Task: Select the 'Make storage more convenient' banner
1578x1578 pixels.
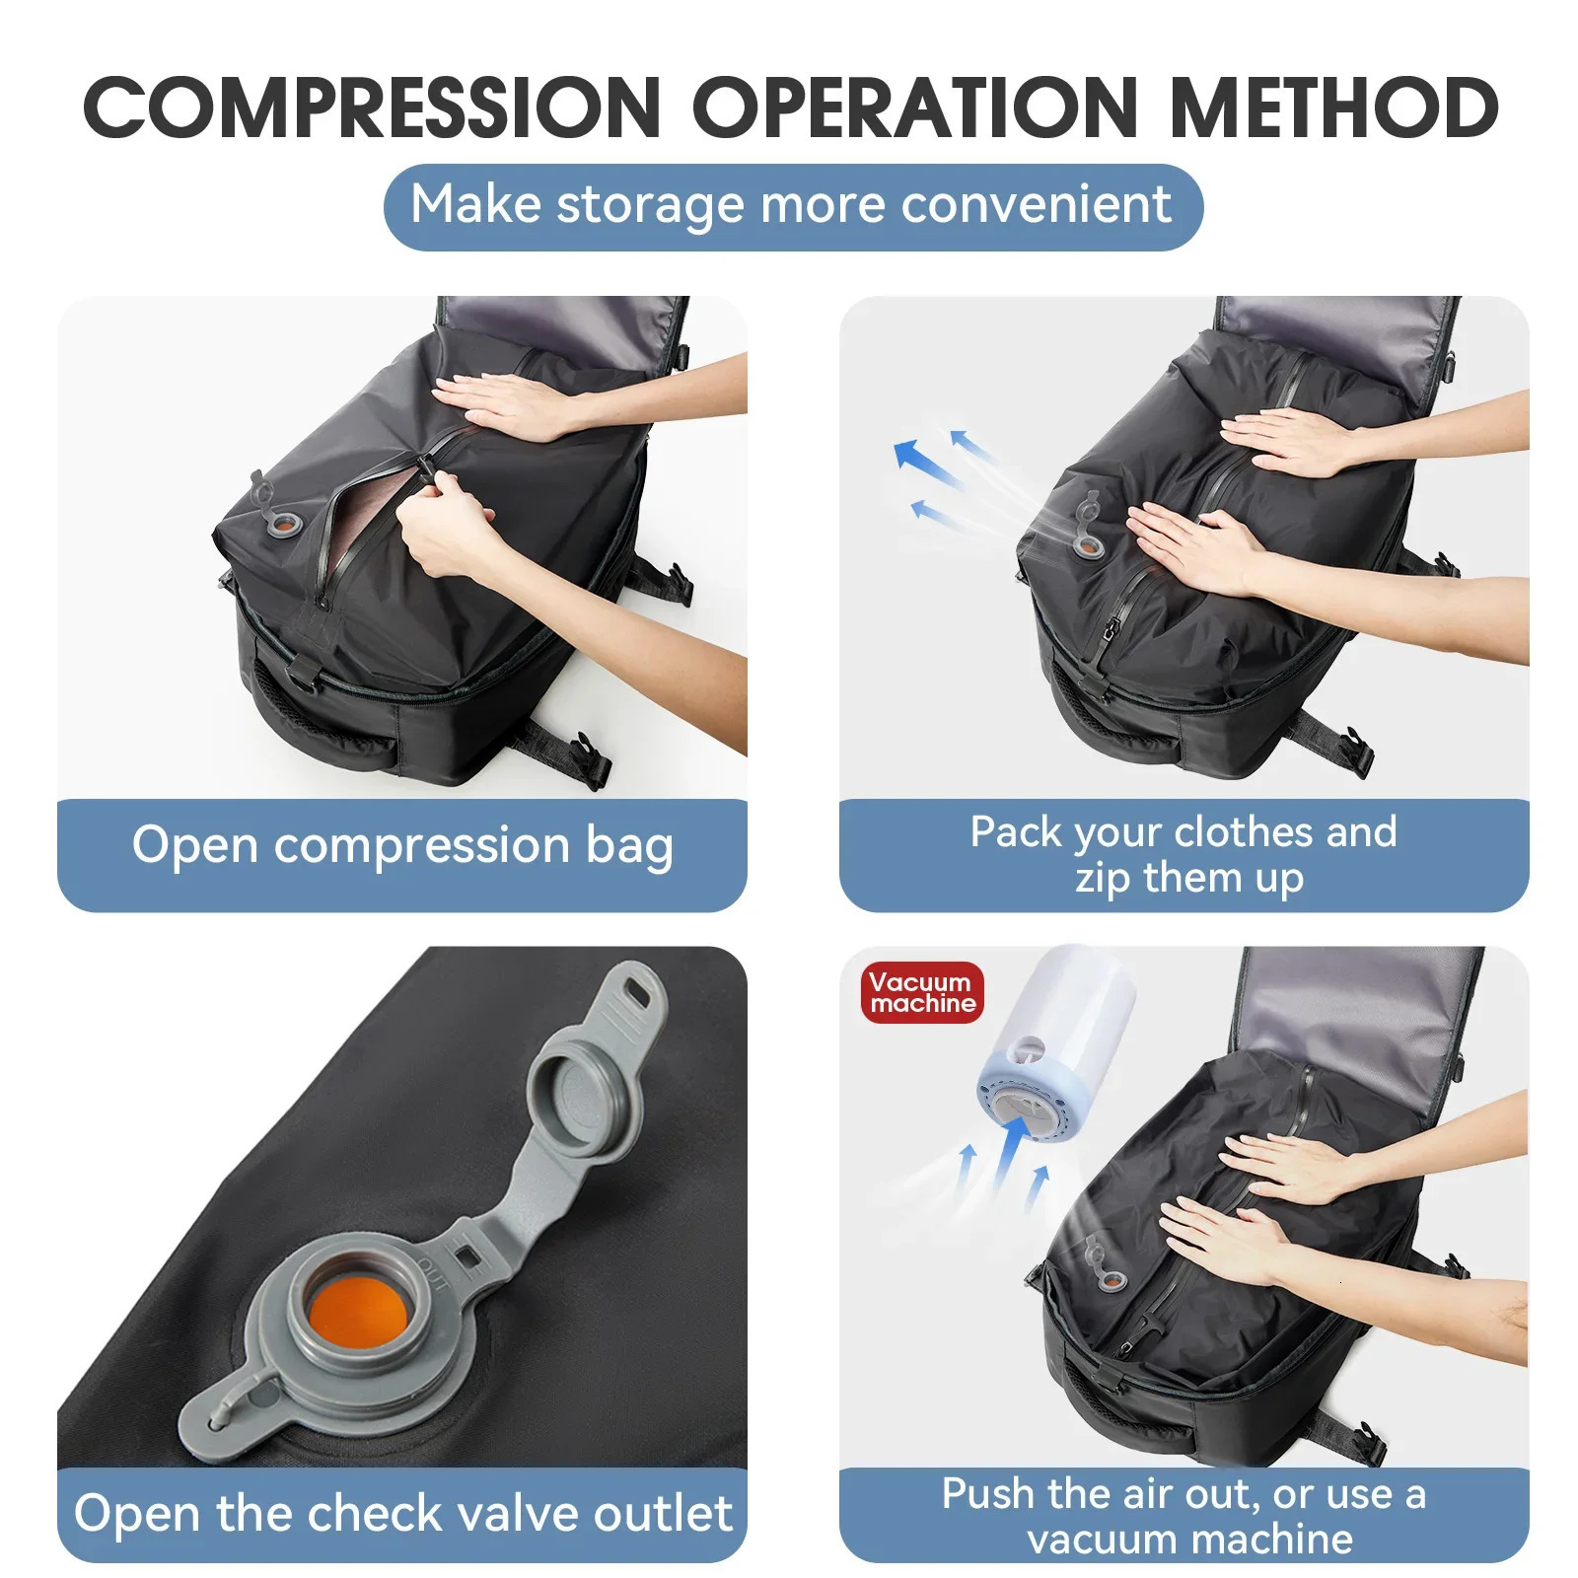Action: (x=792, y=206)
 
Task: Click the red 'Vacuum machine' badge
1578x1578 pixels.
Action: (x=922, y=992)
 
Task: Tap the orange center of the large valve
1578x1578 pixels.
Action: (x=357, y=1315)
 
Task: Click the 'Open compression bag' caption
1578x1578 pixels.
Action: (x=402, y=846)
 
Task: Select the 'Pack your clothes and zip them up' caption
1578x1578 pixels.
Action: (x=1183, y=854)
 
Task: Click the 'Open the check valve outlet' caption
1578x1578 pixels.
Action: (x=402, y=1514)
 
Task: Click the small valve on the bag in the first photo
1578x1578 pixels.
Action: (x=282, y=524)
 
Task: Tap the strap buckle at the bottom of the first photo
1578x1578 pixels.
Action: (x=593, y=764)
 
